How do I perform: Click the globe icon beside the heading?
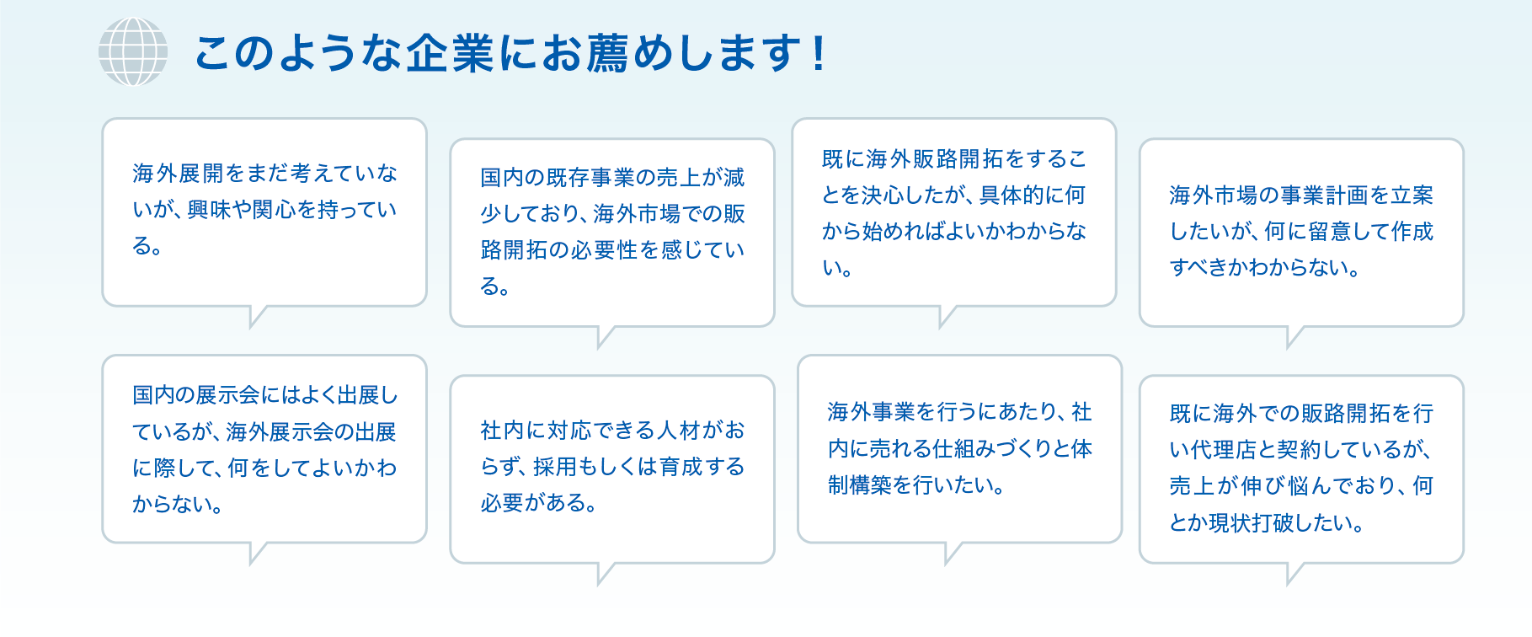tap(133, 51)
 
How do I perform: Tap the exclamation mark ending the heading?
tap(818, 53)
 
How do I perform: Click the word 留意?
tap(1330, 232)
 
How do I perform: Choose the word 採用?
tap(555, 467)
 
